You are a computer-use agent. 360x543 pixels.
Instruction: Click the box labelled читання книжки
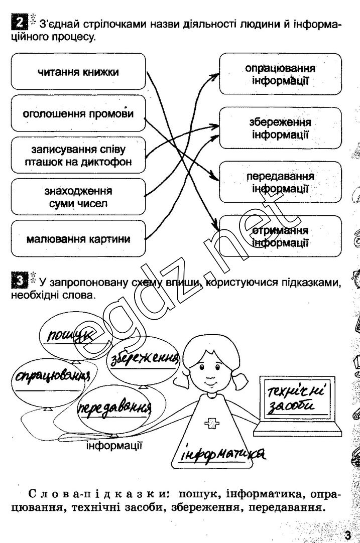pyautogui.click(x=78, y=72)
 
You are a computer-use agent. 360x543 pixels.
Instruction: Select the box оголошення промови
pyautogui.click(x=78, y=114)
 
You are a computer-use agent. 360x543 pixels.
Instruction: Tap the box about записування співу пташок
pyautogui.click(x=78, y=156)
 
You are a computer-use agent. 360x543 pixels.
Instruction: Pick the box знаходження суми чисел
pyautogui.click(x=78, y=198)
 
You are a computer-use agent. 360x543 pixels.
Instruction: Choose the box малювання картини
pyautogui.click(x=78, y=239)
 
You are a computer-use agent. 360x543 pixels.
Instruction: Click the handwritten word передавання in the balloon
pyautogui.click(x=115, y=408)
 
